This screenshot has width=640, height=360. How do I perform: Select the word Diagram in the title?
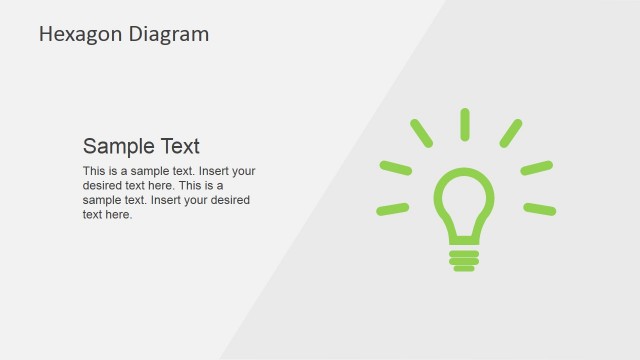[169, 34]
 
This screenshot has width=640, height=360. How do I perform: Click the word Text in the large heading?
[181, 145]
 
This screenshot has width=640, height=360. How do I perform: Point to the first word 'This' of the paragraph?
[93, 171]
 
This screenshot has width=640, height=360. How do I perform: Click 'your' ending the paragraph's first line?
[243, 171]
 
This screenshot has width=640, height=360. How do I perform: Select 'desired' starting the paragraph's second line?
[101, 185]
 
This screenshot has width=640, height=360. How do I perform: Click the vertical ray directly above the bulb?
[465, 124]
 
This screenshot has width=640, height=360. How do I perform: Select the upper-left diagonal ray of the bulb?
[421, 133]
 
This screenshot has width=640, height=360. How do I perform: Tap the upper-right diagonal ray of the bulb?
[510, 133]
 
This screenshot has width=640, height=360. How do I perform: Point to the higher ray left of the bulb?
[395, 167]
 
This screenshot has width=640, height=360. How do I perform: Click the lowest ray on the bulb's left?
[392, 209]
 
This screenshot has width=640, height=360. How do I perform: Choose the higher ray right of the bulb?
[537, 167]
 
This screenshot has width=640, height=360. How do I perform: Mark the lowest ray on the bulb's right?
[539, 209]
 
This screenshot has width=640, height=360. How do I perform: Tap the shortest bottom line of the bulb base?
[464, 268]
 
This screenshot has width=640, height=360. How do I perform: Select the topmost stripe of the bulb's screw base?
[464, 253]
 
